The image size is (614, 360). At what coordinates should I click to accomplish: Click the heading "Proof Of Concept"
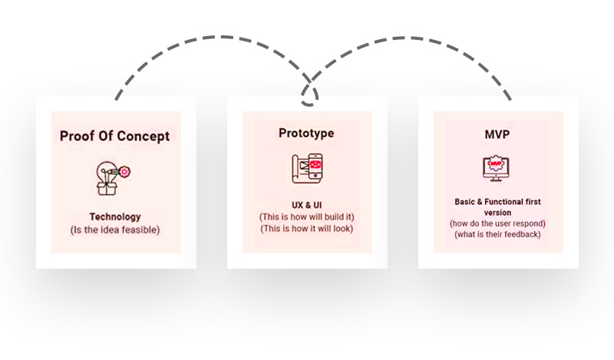115,137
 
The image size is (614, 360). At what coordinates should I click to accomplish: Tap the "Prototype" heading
306,133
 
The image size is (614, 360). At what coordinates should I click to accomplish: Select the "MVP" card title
498,134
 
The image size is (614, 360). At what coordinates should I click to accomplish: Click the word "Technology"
115,217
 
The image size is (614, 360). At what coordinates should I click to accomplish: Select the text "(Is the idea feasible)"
115,230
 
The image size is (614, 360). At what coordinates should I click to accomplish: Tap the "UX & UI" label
306,206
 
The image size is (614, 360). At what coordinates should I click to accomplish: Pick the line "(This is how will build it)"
306,217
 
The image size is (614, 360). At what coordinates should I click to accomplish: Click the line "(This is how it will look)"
306,229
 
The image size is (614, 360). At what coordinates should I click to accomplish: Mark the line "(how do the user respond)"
497,223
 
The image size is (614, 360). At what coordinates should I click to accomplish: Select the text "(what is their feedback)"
497,234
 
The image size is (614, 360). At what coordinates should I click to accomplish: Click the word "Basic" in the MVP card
467,202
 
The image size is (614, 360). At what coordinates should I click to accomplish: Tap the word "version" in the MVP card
497,213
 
